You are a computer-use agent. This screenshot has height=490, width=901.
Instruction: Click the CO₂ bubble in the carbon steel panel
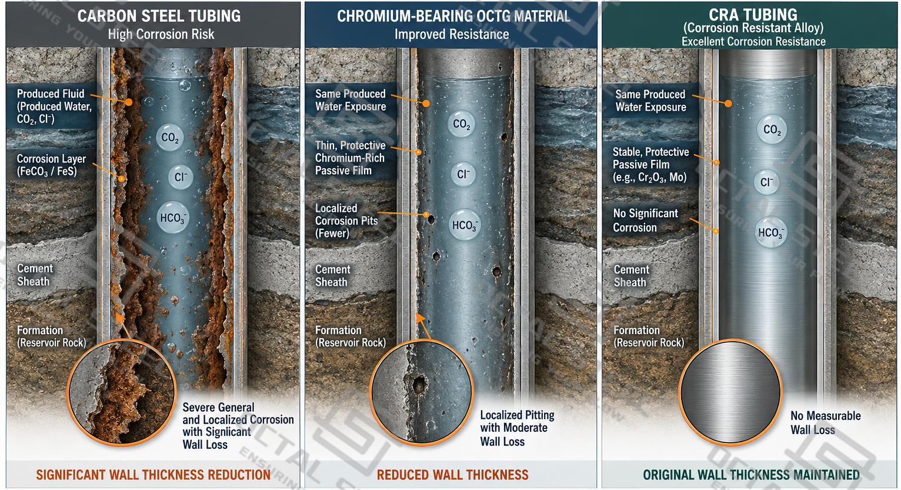[170, 137]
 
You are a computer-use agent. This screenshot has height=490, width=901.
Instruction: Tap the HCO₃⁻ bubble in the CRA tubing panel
[770, 232]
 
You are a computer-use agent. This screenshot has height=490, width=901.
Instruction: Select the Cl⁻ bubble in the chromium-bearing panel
[463, 174]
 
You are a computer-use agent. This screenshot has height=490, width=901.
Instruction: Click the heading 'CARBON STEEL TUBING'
[159, 16]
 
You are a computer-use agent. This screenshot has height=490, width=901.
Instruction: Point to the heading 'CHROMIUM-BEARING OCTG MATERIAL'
[453, 16]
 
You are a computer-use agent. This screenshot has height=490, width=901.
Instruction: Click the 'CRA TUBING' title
[753, 15]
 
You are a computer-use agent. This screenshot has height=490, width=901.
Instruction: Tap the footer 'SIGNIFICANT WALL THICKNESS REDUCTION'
[153, 475]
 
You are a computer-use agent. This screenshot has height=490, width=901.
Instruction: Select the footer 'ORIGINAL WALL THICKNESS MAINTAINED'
[751, 475]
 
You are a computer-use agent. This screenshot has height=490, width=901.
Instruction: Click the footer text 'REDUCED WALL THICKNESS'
[452, 475]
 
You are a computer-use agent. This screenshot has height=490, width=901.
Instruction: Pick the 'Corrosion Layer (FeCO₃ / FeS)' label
[51, 165]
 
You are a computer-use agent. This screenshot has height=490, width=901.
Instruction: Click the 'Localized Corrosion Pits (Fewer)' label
[346, 221]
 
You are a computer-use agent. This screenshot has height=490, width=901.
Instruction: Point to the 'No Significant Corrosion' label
[645, 221]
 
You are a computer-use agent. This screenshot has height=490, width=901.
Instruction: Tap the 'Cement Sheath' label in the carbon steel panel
[35, 275]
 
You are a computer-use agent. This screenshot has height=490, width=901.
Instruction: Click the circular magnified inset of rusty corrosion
[122, 392]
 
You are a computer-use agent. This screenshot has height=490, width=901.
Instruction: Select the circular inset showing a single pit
[421, 392]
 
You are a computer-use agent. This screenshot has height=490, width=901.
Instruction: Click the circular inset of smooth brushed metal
[730, 392]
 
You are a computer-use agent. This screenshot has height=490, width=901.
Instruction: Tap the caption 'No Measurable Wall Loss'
[825, 422]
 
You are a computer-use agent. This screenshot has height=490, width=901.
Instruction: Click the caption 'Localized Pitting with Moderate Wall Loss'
[517, 428]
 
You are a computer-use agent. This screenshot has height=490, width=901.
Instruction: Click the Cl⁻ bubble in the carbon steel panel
[181, 177]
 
